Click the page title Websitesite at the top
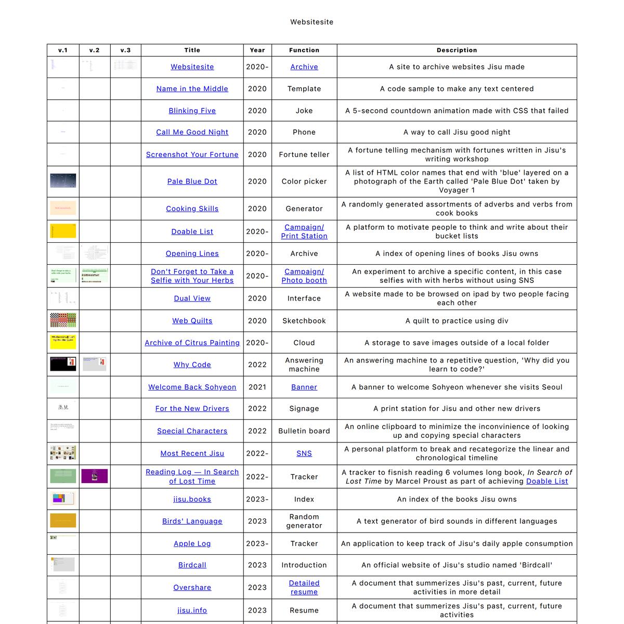pos(311,22)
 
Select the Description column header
pos(457,50)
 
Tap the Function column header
pos(304,50)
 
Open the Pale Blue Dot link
pos(192,181)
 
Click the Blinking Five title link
pos(192,111)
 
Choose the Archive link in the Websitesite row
pos(304,67)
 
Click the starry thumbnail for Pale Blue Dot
pos(63,181)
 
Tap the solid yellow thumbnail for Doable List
pos(63,231)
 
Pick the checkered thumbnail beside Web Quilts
pos(63,320)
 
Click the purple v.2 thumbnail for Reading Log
pos(95,476)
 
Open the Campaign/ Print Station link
pos(304,231)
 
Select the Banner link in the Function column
pos(304,387)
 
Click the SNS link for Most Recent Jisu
pos(304,453)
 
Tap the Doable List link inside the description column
pos(547,482)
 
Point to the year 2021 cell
pos(257,387)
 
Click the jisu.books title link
pos(192,499)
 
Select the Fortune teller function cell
pos(304,154)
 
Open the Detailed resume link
pos(304,588)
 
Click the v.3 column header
pos(125,50)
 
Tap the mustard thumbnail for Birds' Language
pos(63,521)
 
